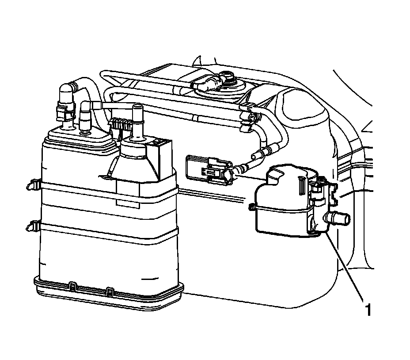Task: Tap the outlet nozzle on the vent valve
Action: [x=338, y=218]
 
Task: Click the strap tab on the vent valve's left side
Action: [x=252, y=207]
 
